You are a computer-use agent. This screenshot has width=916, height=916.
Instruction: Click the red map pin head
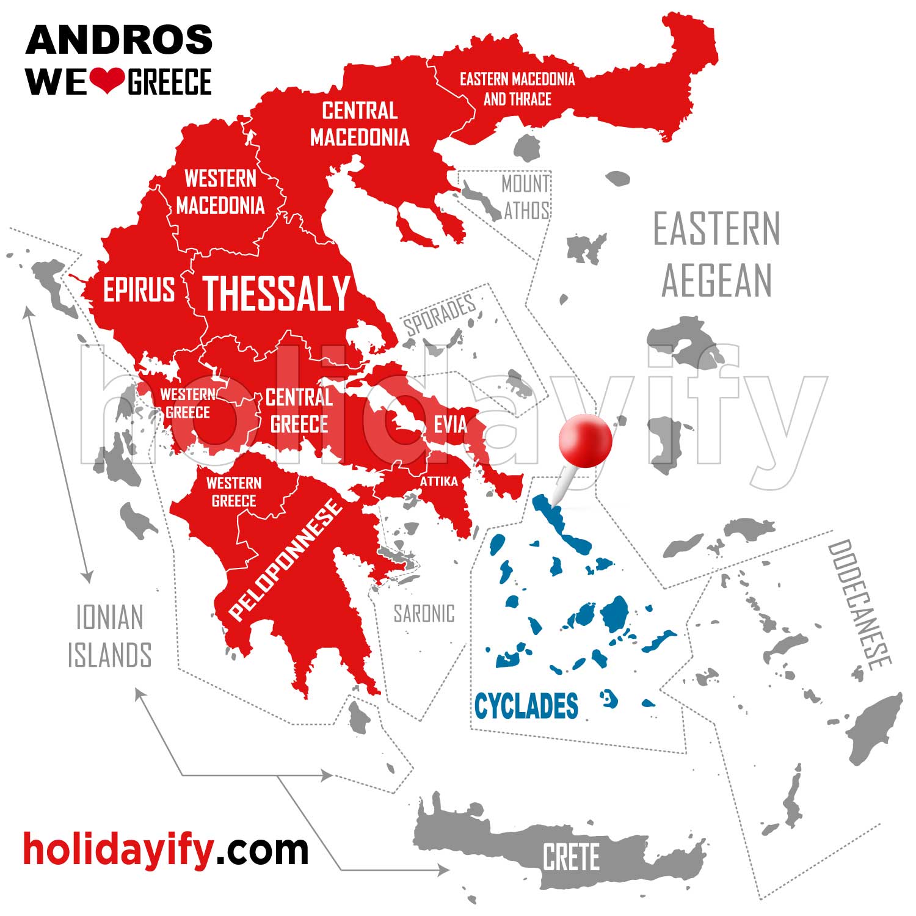[x=584, y=440]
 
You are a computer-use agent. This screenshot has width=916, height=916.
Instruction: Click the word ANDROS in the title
[x=119, y=40]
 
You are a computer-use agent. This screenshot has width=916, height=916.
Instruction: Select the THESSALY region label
[x=276, y=294]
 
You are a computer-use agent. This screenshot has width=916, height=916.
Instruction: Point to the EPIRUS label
[x=139, y=289]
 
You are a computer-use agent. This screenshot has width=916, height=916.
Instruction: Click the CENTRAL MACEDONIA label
[x=360, y=124]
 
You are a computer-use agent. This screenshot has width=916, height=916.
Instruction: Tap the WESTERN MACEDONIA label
[x=220, y=192]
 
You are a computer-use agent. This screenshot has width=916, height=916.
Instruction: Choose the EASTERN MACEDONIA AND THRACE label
[x=517, y=89]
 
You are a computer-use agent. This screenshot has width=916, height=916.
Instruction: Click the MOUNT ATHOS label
[x=526, y=197]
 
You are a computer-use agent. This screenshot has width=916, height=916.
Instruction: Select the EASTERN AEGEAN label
[x=717, y=254]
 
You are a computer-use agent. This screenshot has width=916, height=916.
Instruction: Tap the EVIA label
[x=450, y=424]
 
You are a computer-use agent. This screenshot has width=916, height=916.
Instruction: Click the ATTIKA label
[x=438, y=482]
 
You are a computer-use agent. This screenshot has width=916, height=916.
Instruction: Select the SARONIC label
[x=424, y=614]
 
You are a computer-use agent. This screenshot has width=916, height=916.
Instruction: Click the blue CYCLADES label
[x=526, y=706]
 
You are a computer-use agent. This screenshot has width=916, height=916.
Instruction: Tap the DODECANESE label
[x=859, y=605]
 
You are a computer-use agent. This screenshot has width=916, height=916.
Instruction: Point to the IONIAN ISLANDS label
[x=109, y=636]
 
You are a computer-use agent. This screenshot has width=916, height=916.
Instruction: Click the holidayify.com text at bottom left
[x=165, y=849]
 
